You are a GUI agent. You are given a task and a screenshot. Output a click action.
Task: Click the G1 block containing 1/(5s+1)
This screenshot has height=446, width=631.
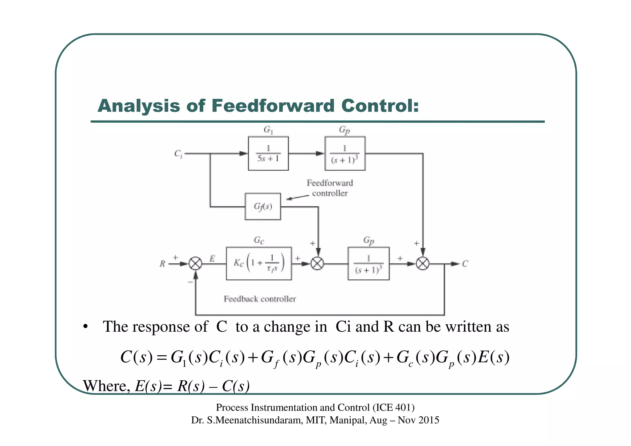pos(268,153)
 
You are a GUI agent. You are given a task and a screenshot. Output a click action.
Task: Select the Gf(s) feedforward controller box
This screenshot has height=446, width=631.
pos(263,206)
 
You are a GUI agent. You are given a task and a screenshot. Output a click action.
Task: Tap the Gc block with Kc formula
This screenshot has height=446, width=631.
pos(259,264)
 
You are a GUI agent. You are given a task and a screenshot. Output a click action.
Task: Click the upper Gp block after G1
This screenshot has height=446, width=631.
pos(345,153)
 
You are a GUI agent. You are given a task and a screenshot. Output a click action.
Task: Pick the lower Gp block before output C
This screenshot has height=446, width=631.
pos(368,264)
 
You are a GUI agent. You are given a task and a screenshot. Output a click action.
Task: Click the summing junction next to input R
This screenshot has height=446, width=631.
pos(195,264)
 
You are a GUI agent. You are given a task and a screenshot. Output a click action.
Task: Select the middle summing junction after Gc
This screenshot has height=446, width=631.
pos(317,264)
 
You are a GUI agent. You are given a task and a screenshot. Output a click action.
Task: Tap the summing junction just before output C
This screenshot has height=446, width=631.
pos(423,264)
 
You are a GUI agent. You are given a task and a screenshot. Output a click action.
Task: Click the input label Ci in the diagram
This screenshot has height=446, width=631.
pos(178,153)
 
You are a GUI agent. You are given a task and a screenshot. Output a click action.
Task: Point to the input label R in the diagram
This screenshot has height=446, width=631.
pos(162,264)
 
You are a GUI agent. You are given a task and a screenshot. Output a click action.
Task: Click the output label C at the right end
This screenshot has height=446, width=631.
pos(465,264)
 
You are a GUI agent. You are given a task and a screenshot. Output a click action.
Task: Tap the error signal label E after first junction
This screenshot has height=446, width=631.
pos(212,259)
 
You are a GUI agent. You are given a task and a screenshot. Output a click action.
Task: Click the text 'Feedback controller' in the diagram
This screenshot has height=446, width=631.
pos(260,299)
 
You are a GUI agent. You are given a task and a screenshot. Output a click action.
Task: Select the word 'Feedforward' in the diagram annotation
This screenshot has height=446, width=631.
pos(330,183)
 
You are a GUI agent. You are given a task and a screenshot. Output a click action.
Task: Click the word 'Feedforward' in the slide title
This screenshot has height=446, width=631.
pos(273,106)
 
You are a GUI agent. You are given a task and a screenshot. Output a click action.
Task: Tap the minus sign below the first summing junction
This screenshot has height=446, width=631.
pos(190,282)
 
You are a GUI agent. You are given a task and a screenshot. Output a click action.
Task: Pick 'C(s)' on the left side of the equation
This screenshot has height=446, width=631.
pos(136,358)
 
